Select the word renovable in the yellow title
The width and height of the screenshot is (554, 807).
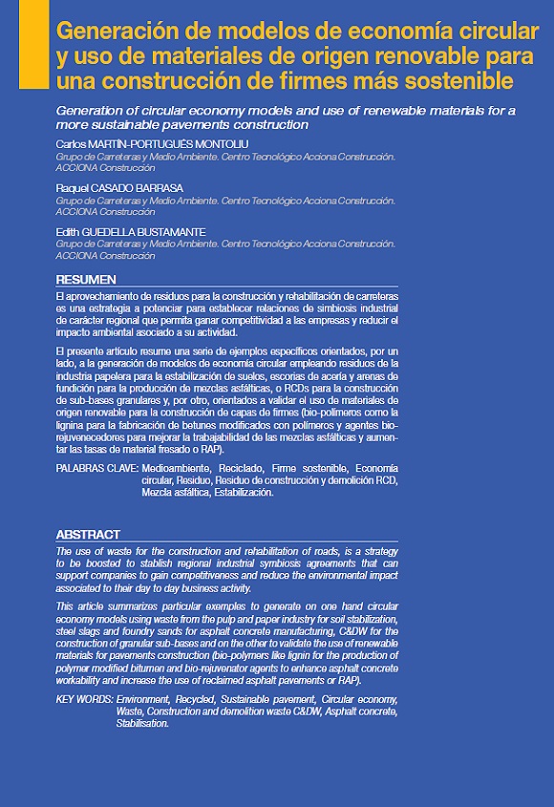point(420,53)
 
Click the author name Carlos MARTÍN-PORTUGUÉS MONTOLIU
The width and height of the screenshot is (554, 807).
point(153,143)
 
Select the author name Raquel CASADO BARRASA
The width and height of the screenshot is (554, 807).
point(119,188)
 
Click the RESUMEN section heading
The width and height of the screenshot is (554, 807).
point(85,280)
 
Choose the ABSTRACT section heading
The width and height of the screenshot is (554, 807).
point(88,535)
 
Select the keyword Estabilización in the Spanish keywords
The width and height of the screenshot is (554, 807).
point(238,493)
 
